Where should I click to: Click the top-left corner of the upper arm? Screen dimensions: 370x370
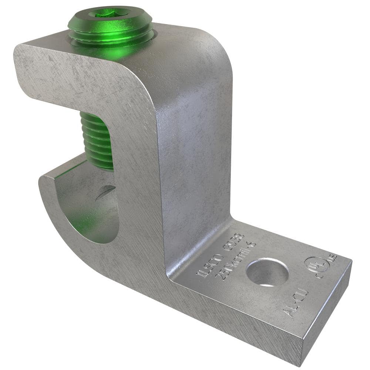[x=18, y=48]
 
